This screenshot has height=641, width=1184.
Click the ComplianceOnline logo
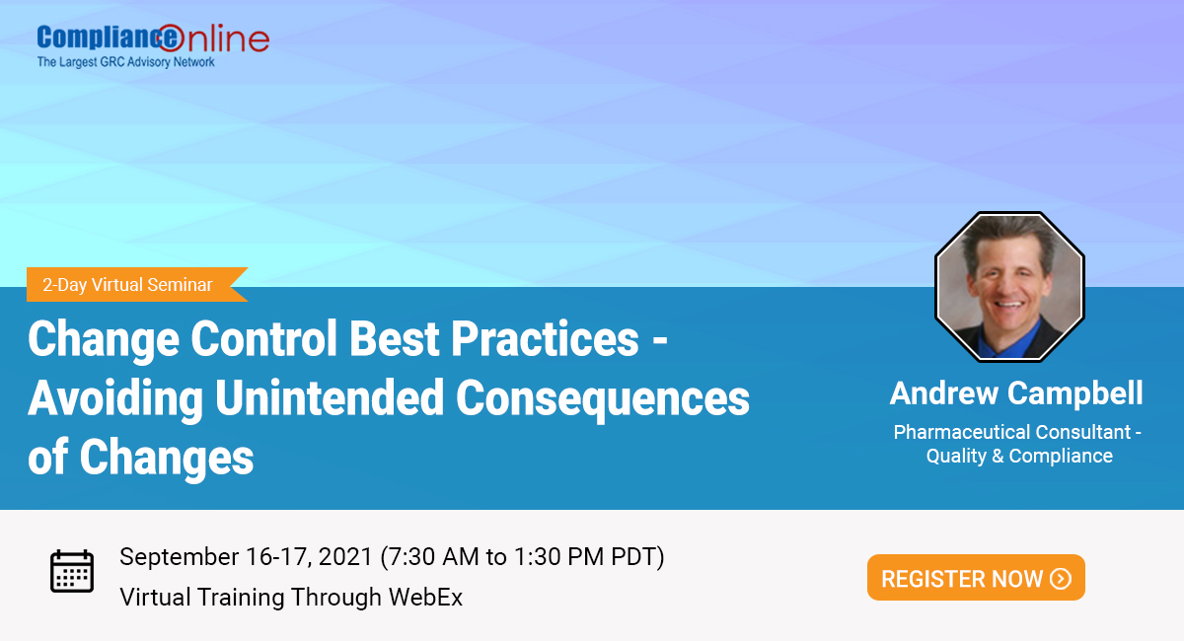pyautogui.click(x=152, y=38)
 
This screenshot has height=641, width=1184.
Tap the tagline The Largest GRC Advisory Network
pyautogui.click(x=126, y=62)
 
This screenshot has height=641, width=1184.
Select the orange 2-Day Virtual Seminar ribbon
pyautogui.click(x=127, y=285)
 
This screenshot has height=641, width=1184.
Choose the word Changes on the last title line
pyautogui.click(x=167, y=457)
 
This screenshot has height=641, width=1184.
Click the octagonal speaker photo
pyautogui.click(x=1009, y=285)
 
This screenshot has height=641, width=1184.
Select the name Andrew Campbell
pyautogui.click(x=1016, y=392)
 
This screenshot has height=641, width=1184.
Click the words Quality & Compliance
pyautogui.click(x=1019, y=456)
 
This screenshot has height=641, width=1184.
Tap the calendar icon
pyautogui.click(x=72, y=572)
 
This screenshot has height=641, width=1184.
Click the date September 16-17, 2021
pyautogui.click(x=246, y=556)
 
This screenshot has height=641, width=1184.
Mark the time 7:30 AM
pyautogui.click(x=434, y=556)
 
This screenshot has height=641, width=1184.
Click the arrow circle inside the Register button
pyautogui.click(x=1061, y=579)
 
